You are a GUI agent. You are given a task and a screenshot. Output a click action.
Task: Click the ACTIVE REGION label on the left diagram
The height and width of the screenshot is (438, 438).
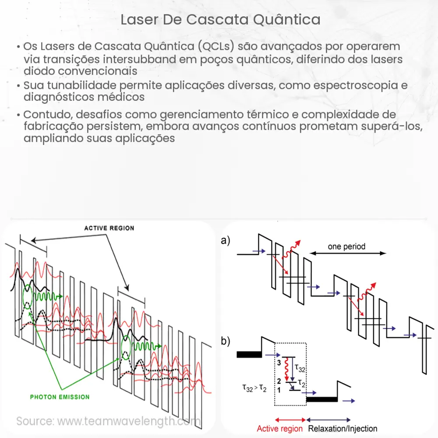[x=109, y=228]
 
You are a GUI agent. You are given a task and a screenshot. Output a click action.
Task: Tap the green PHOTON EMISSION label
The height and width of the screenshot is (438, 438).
[x=60, y=397]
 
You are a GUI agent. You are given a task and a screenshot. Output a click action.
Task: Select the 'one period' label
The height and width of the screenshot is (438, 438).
[x=346, y=247]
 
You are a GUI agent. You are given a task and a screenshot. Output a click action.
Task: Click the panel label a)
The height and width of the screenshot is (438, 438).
[x=226, y=240]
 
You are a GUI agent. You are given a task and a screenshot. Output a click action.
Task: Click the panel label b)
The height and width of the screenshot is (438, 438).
[x=226, y=342]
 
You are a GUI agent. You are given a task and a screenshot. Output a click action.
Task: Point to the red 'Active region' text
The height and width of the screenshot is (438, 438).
[x=280, y=428]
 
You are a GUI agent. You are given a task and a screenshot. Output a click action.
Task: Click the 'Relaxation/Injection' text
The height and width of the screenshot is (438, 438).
[x=343, y=428]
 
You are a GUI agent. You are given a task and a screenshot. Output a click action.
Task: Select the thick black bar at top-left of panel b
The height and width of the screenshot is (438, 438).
[x=249, y=354]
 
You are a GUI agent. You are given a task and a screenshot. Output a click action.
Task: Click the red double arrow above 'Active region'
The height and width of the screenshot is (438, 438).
[x=290, y=420]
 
